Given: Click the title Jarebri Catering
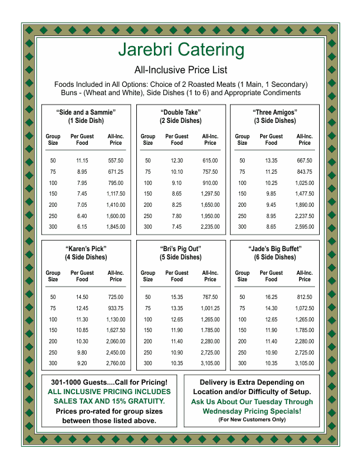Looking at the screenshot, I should click(180, 50).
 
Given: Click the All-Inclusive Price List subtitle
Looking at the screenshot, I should click(180, 70).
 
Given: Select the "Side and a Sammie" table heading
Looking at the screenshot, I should click(86, 112).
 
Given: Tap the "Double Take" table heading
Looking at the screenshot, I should click(180, 112).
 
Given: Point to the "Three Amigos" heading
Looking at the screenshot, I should click(275, 112).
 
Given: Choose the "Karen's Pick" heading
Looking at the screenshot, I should click(86, 248).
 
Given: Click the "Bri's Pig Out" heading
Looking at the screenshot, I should click(180, 248).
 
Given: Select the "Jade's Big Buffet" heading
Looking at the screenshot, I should click(275, 248).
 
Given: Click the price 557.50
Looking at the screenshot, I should click(116, 161).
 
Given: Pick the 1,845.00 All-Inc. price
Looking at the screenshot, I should click(116, 226).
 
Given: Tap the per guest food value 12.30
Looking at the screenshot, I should click(177, 161).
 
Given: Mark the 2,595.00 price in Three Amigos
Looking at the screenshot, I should click(304, 226).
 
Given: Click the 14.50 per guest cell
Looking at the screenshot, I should click(82, 297).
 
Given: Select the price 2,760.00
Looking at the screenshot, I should click(116, 363).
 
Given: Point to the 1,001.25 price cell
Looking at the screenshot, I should click(210, 308).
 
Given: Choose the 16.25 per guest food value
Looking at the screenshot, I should click(271, 297).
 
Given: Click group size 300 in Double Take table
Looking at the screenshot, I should click(147, 226).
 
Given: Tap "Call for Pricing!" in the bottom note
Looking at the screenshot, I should click(139, 382).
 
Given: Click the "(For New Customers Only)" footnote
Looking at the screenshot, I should click(252, 420).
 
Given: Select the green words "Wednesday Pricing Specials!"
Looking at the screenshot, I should click(252, 411).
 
